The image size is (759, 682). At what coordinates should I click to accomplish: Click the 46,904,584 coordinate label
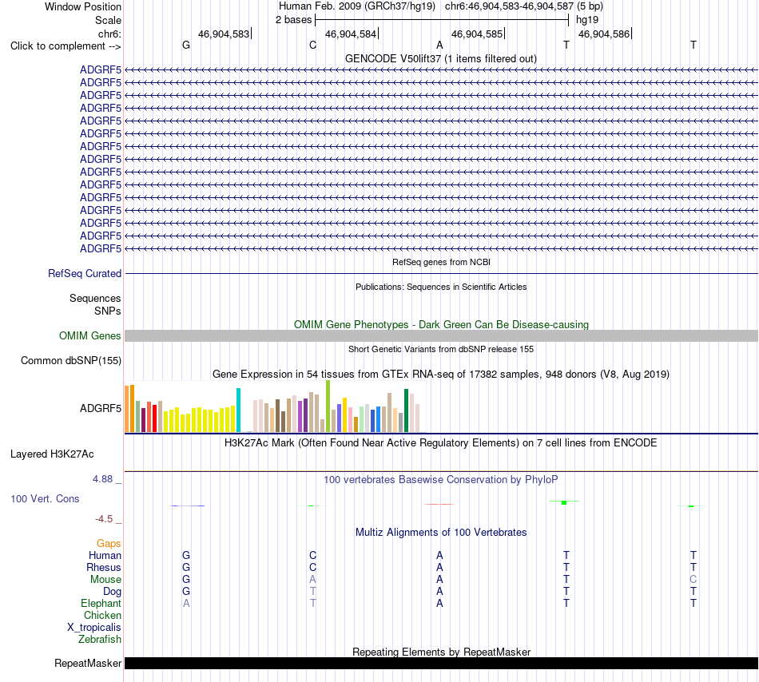[351, 34]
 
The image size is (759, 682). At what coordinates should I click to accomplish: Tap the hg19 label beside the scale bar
[587, 20]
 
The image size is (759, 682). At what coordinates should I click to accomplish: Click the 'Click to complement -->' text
[66, 46]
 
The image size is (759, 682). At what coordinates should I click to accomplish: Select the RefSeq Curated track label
[85, 273]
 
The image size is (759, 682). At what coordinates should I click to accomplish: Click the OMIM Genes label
[90, 335]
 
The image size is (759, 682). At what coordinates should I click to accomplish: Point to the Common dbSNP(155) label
[71, 360]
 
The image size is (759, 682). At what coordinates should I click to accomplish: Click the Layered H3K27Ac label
[52, 454]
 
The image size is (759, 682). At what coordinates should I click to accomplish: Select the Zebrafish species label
[100, 639]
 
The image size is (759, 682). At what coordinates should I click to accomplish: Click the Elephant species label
[101, 603]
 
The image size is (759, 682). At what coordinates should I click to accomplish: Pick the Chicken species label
[102, 615]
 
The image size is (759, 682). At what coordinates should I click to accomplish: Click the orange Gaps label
[109, 544]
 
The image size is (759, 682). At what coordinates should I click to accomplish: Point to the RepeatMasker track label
[88, 663]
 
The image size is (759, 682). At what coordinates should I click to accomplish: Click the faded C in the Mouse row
[693, 580]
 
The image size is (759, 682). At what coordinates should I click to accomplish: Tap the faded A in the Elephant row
[186, 603]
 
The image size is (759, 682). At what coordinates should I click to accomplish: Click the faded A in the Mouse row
[312, 580]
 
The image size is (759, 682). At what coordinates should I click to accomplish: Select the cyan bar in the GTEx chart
[238, 410]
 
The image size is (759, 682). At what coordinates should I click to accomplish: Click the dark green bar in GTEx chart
[406, 410]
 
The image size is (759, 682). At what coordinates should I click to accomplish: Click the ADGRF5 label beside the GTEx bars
[101, 408]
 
